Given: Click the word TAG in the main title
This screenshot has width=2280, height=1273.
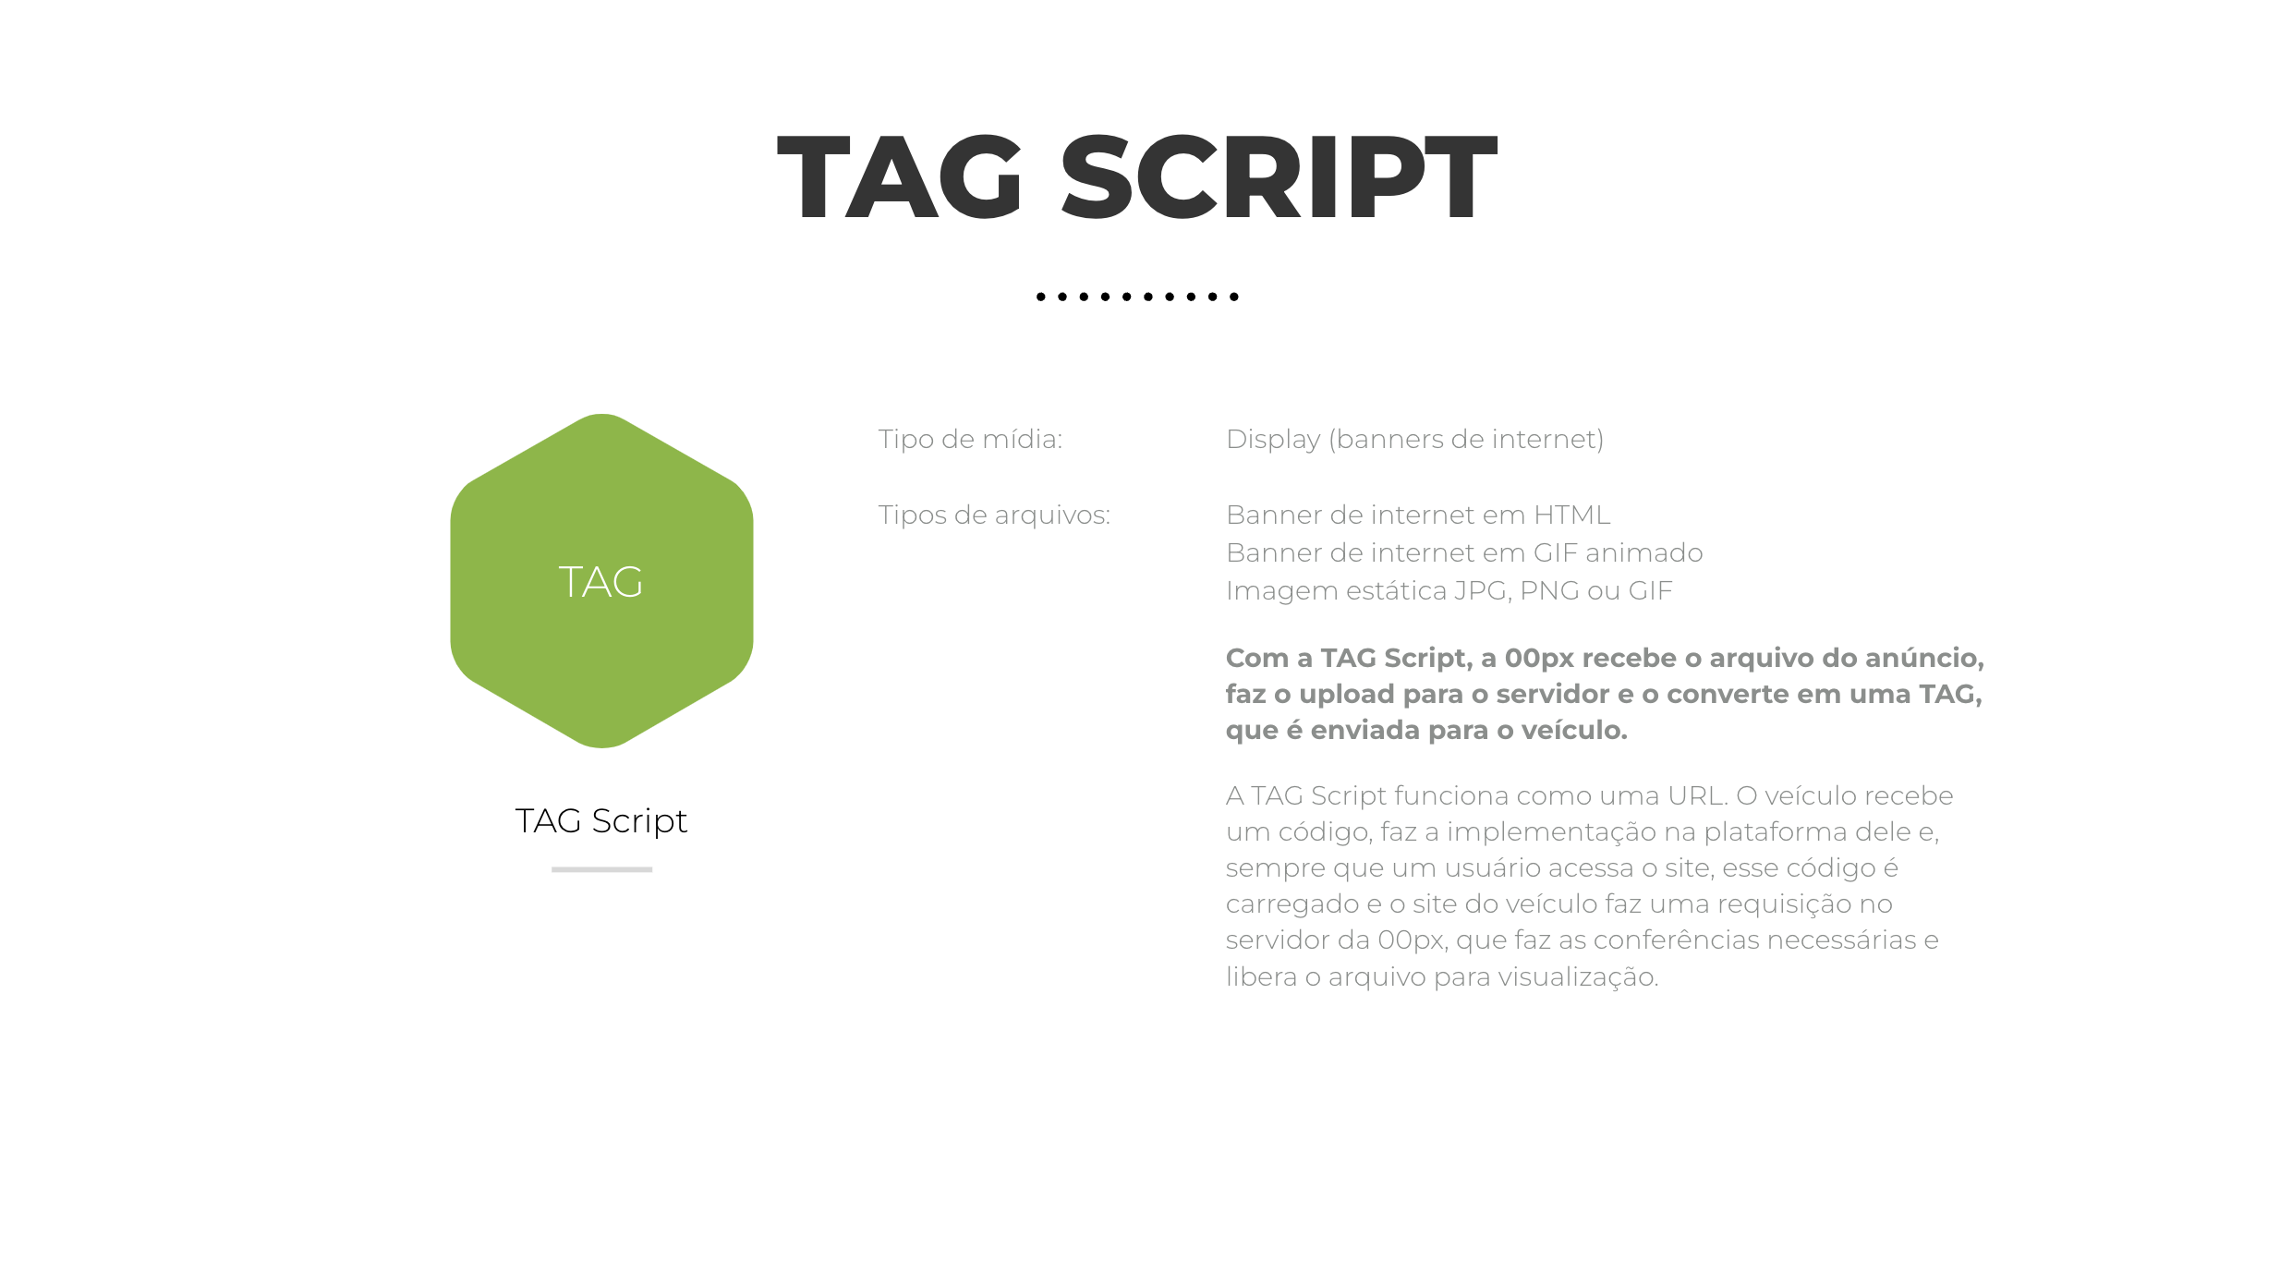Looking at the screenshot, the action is coord(900,176).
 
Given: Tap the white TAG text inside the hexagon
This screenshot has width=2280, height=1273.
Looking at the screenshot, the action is coord(600,582).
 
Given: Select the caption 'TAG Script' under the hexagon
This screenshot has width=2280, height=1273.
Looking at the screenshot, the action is coord(601,821).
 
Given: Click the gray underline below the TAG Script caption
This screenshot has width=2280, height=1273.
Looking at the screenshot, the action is coord(601,869).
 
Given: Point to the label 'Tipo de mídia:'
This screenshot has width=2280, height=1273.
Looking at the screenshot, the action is coord(970,439).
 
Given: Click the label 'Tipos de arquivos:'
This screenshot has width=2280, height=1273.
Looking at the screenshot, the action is coord(994,515).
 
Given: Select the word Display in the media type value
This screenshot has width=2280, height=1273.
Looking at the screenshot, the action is coord(1273,440).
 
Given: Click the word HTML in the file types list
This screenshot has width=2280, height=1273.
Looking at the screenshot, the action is coord(1571,515).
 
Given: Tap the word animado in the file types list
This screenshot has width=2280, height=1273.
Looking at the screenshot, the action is coord(1644,552).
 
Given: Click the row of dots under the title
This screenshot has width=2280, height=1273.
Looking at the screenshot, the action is coord(1137,297).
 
